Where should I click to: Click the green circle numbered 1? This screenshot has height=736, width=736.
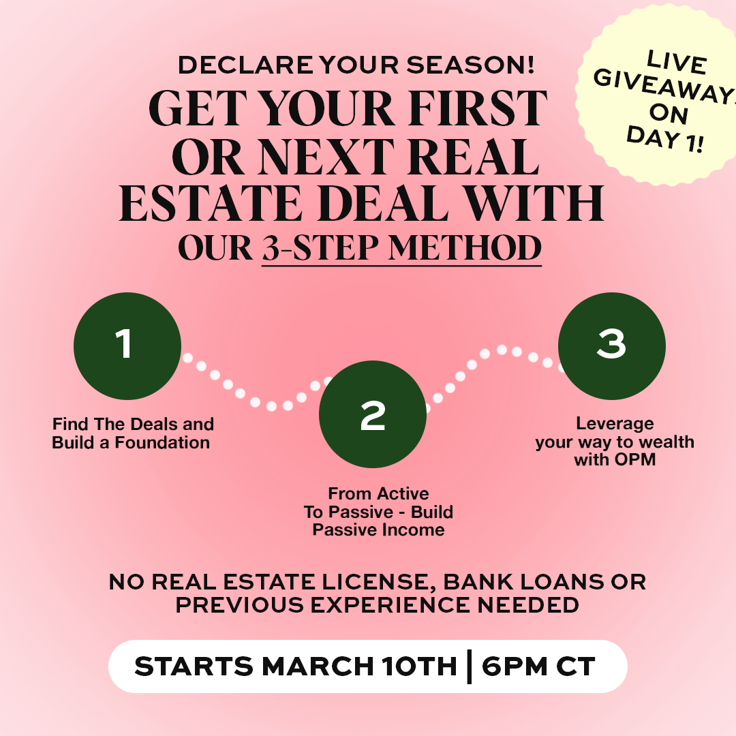(x=127, y=346)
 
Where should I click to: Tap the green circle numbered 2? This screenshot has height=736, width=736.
(x=373, y=414)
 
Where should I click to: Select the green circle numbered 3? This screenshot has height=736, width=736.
(x=611, y=346)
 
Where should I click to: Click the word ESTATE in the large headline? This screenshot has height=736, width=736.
(x=211, y=203)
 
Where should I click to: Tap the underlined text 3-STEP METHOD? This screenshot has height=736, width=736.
(x=402, y=248)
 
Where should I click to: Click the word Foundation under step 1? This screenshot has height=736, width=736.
(x=162, y=442)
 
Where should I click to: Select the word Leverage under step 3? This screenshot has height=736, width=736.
(x=615, y=424)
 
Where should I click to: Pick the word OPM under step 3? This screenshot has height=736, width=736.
(x=635, y=459)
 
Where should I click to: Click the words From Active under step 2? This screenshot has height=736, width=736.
(x=378, y=493)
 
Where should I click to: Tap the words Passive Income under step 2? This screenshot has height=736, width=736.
(x=378, y=530)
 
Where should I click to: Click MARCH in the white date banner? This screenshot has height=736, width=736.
(x=318, y=666)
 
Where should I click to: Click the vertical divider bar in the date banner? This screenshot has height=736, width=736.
(x=469, y=666)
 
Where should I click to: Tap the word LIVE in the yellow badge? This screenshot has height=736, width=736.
(x=677, y=63)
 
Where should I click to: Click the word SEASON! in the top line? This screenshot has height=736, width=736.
(x=470, y=65)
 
